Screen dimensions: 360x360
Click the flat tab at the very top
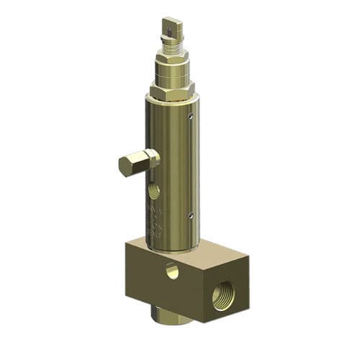tap(172, 28)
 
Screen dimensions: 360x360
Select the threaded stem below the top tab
tap(172, 47)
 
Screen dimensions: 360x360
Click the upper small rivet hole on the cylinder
tap(191, 115)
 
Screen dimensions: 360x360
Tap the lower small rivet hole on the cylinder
tap(191, 215)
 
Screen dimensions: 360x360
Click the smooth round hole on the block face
tap(171, 271)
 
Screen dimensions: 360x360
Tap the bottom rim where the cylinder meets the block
tap(173, 248)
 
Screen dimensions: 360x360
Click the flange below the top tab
tap(172, 40)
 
